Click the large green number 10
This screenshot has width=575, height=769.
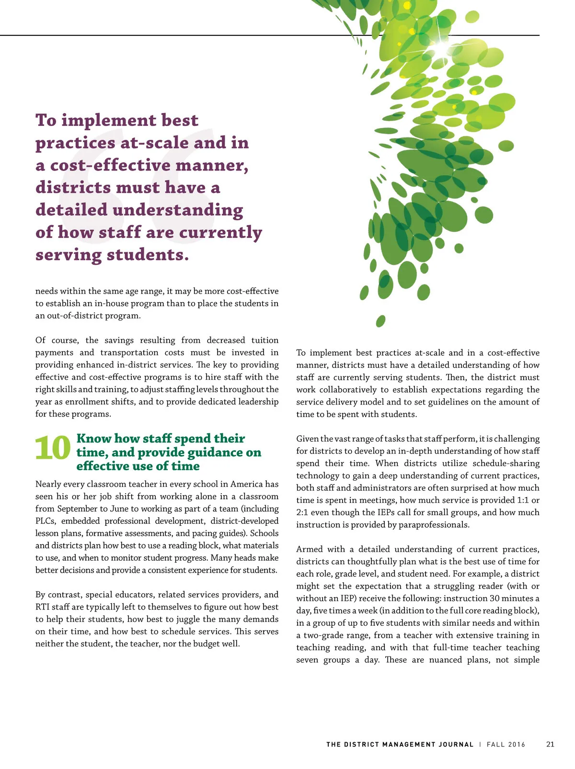pyautogui.click(x=53, y=449)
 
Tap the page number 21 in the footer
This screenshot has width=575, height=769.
pyautogui.click(x=550, y=744)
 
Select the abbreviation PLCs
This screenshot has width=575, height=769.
pyautogui.click(x=46, y=521)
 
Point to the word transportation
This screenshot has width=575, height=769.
pyautogui.click(x=129, y=352)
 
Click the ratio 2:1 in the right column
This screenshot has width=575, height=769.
pyautogui.click(x=302, y=512)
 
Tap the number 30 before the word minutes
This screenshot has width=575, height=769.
pyautogui.click(x=494, y=599)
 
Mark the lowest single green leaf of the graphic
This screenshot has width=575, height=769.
pyautogui.click(x=380, y=321)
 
